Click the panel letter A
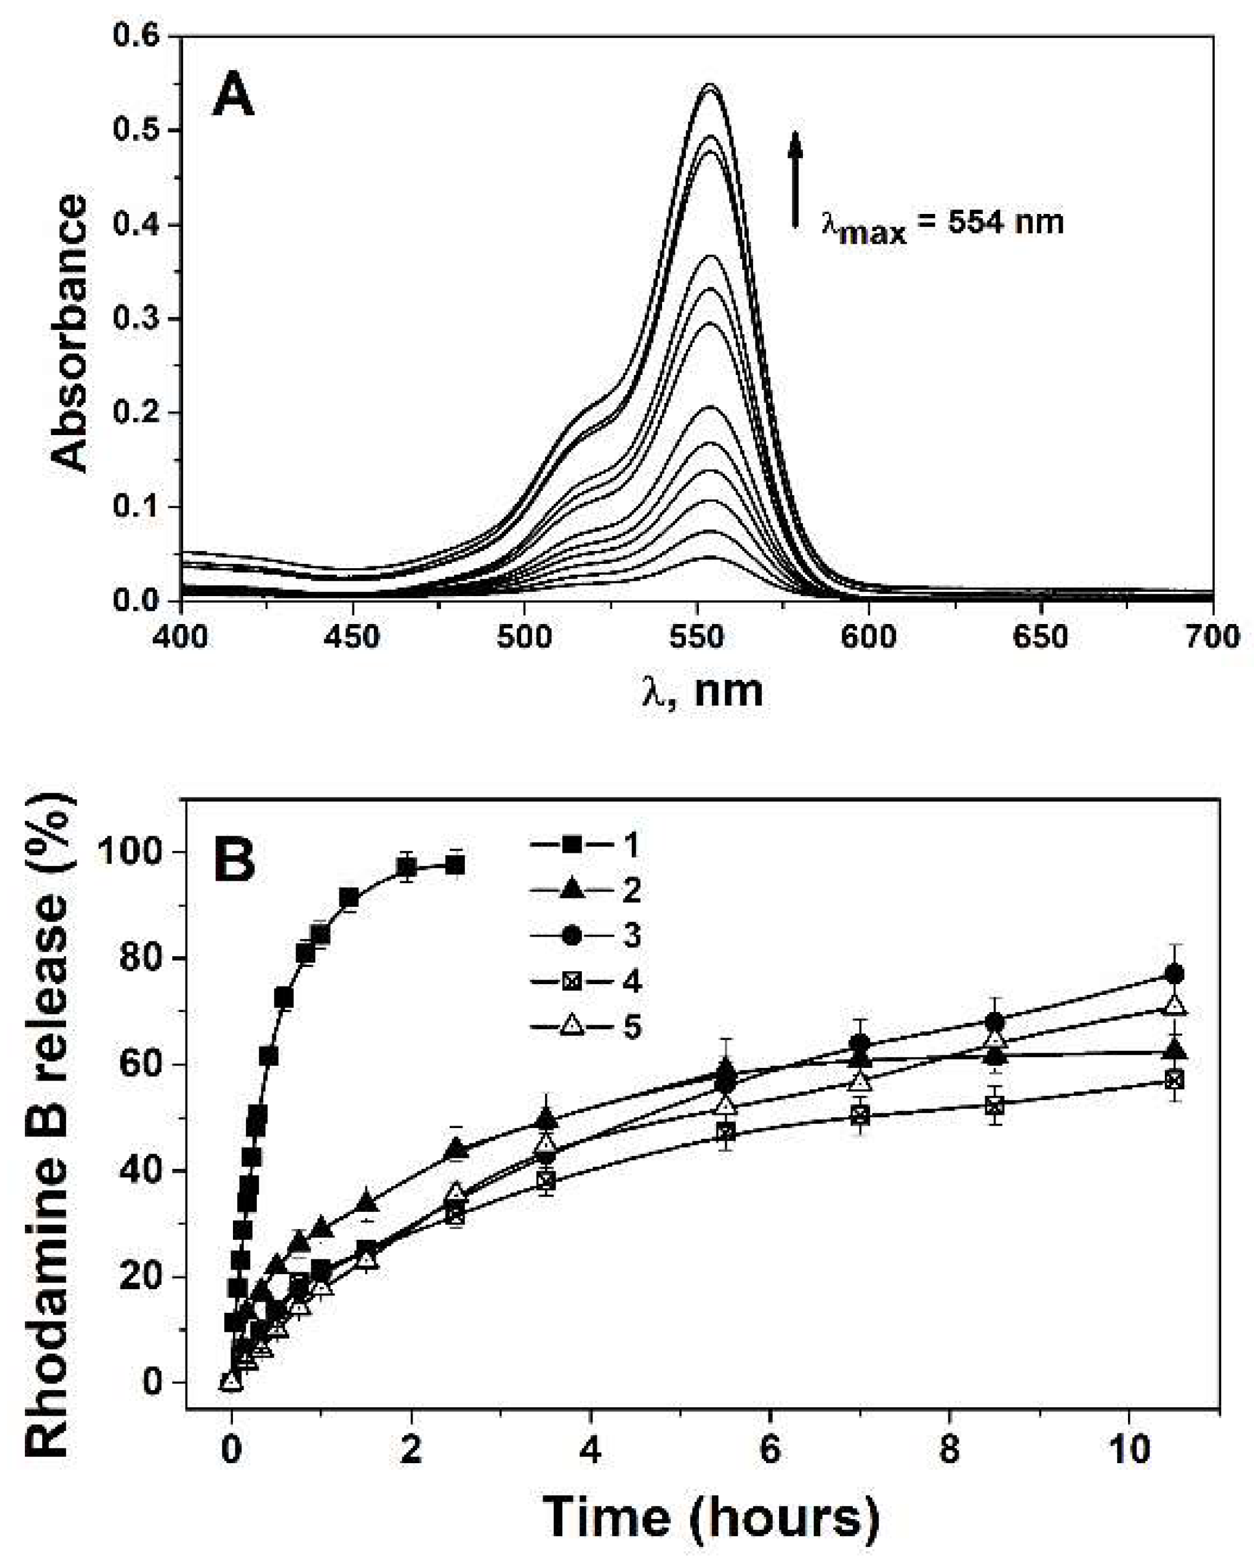pyautogui.click(x=232, y=98)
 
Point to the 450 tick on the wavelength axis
pyautogui.click(x=352, y=637)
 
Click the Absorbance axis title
pyautogui.click(x=71, y=333)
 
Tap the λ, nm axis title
pyautogui.click(x=702, y=690)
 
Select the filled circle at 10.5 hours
pyautogui.click(x=1175, y=974)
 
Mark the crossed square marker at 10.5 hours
pyautogui.click(x=1175, y=1081)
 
